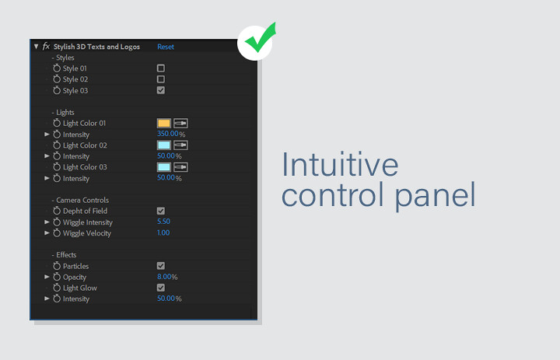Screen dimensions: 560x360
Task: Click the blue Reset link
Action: [x=166, y=47]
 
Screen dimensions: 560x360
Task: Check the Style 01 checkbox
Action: [x=161, y=68]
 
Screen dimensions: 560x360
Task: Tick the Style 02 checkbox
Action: [x=161, y=79]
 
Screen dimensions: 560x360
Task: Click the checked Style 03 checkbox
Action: [x=161, y=90]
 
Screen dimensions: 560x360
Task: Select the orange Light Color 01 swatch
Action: [x=164, y=123]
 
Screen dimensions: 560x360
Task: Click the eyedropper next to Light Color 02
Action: [x=180, y=145]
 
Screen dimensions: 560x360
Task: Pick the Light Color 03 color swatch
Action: [x=164, y=167]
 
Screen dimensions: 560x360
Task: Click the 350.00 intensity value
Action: [x=167, y=134]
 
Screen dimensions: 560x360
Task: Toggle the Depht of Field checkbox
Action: [x=161, y=211]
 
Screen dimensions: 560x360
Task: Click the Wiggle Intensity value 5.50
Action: [x=163, y=222]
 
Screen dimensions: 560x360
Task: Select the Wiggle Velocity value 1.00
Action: [x=163, y=232]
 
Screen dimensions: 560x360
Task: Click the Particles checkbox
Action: [x=161, y=266]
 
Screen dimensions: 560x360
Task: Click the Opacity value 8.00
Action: [x=164, y=277]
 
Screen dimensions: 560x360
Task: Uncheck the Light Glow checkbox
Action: [x=161, y=288]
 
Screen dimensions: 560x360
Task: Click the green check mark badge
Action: [x=257, y=42]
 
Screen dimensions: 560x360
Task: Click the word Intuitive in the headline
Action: [x=340, y=165]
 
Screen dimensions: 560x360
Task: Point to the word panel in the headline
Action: [x=436, y=196]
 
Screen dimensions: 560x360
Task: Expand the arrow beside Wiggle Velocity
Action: [x=47, y=232]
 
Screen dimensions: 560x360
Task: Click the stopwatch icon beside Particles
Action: [x=57, y=266]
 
